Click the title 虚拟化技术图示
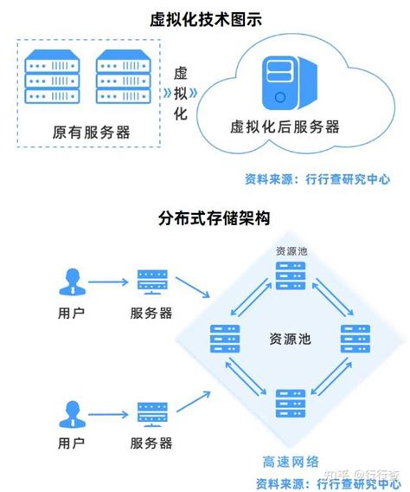(205, 17)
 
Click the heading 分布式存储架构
(205, 217)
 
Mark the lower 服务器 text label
(152, 443)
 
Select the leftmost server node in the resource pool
(224, 338)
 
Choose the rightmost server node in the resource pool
(355, 338)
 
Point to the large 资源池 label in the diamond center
(290, 337)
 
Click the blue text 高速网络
(291, 463)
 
